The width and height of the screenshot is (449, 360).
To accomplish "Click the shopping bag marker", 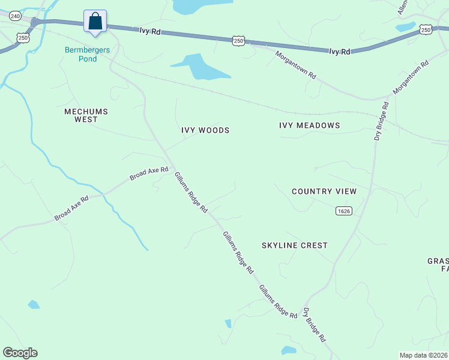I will (95, 22).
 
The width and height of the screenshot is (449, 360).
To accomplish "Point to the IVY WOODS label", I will (205, 130).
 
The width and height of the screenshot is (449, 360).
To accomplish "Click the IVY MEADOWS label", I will (310, 125).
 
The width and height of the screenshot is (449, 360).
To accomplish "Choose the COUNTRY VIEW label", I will (324, 191).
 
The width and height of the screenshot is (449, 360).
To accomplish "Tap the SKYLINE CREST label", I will (295, 245).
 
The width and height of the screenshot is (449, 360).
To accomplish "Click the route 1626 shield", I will (343, 211).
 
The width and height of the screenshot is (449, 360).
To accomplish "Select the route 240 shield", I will (15, 15).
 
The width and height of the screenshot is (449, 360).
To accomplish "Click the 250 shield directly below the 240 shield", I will (23, 37).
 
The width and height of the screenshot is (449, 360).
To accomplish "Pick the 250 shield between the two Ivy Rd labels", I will (239, 40).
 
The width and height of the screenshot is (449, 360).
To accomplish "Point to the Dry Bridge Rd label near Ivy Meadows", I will (382, 121).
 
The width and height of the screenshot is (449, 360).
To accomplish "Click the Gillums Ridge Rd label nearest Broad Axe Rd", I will (191, 193).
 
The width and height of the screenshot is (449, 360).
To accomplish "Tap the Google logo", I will (20, 353).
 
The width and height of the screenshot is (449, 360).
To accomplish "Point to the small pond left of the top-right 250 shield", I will (405, 27).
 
